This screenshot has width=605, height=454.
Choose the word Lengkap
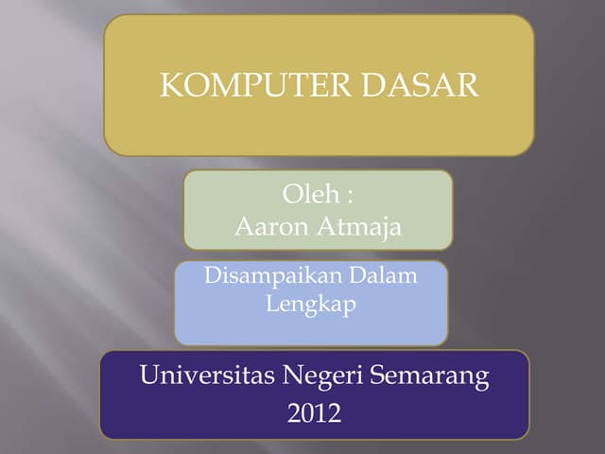(311, 306)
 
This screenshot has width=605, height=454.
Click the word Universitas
(207, 376)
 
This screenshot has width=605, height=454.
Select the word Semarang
(430, 377)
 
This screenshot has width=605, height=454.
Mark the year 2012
(314, 412)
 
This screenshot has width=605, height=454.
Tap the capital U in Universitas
(149, 376)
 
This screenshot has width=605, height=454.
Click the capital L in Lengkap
(271, 305)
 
